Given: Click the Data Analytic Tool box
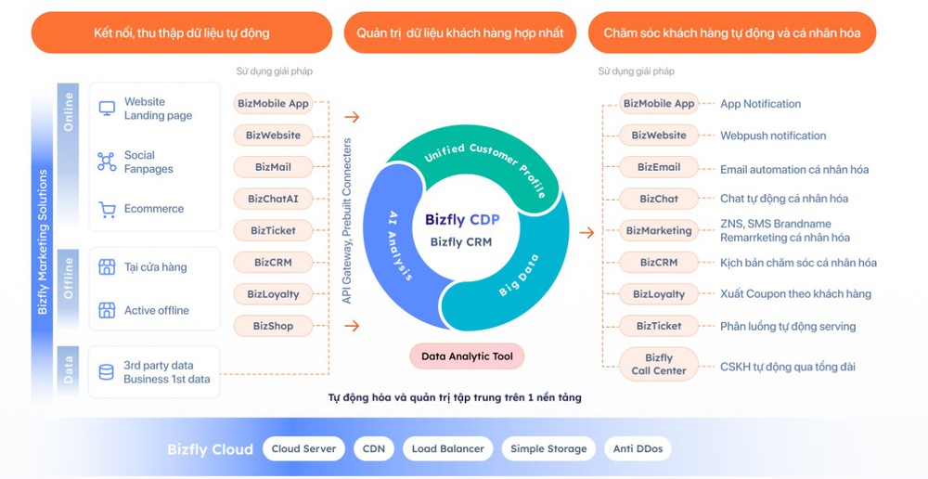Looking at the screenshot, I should [468, 356].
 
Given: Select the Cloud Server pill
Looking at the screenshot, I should [304, 448].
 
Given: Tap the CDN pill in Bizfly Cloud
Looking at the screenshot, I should [374, 448].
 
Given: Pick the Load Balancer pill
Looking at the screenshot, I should [448, 448].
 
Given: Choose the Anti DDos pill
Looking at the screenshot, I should [638, 448].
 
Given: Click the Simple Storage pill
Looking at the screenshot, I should [548, 448].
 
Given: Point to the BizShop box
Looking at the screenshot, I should [273, 326].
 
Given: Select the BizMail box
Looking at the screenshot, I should [273, 167].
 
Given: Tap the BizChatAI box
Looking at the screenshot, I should [273, 199].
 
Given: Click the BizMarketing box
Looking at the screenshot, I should [659, 230].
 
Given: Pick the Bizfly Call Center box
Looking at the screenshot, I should [659, 364].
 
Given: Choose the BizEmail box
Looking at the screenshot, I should [659, 167].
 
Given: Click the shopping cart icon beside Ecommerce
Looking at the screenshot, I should [107, 210].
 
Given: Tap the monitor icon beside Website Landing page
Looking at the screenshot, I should [107, 109].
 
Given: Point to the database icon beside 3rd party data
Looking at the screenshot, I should [107, 372].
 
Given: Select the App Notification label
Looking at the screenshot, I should [760, 104].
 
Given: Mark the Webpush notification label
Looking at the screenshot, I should [773, 136].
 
